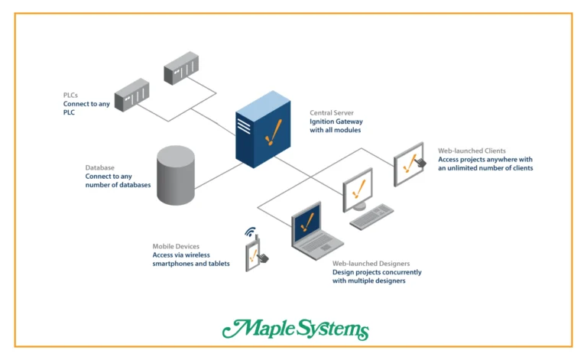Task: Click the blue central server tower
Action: tap(264, 130)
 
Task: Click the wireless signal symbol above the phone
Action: tap(249, 232)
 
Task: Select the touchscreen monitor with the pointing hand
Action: tap(414, 164)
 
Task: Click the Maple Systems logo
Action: tap(295, 329)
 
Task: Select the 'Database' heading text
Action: tap(99, 167)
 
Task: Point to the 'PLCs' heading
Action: tap(70, 95)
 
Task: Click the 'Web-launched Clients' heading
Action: tap(472, 151)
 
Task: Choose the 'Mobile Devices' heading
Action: tap(178, 246)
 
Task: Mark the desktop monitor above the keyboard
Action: tap(357, 187)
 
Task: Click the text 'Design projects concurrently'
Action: tap(376, 272)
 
